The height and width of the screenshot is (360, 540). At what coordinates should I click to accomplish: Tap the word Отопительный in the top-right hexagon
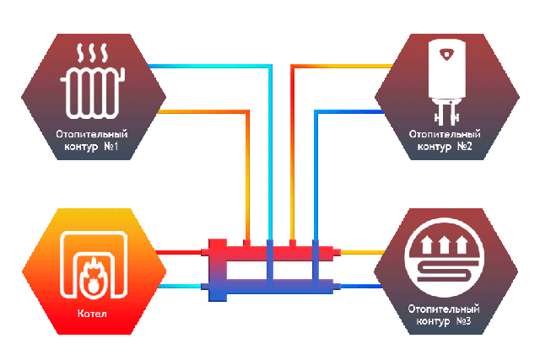444,134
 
